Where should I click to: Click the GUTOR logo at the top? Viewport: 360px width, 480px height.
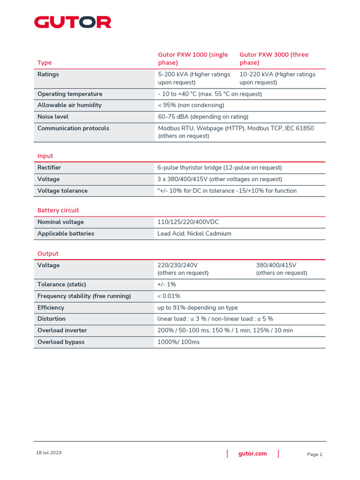click(73, 22)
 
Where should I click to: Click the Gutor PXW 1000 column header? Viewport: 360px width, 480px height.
click(193, 59)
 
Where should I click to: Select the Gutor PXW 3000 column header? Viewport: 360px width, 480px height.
click(274, 59)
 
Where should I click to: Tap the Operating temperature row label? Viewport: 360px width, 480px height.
click(69, 94)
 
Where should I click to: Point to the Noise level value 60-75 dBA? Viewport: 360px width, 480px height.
click(203, 117)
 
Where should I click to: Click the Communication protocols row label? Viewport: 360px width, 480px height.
click(73, 128)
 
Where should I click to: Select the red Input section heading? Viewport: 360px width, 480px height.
click(45, 156)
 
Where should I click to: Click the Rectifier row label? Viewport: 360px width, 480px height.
click(49, 167)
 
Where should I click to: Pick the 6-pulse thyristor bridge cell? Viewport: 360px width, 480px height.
click(219, 167)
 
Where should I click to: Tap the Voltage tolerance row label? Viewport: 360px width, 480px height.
click(62, 191)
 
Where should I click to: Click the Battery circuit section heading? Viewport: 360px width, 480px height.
click(58, 210)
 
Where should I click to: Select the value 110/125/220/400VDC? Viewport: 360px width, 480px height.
click(188, 222)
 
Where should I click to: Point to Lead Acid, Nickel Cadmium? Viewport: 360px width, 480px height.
click(194, 233)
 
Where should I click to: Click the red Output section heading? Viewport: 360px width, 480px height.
click(48, 254)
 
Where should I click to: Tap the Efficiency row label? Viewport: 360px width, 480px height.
click(51, 307)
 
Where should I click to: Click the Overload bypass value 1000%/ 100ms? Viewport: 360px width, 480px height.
click(179, 342)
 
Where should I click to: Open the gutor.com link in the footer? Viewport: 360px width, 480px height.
click(253, 453)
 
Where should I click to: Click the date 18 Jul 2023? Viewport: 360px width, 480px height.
click(49, 453)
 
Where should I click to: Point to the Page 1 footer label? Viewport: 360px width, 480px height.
click(315, 454)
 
